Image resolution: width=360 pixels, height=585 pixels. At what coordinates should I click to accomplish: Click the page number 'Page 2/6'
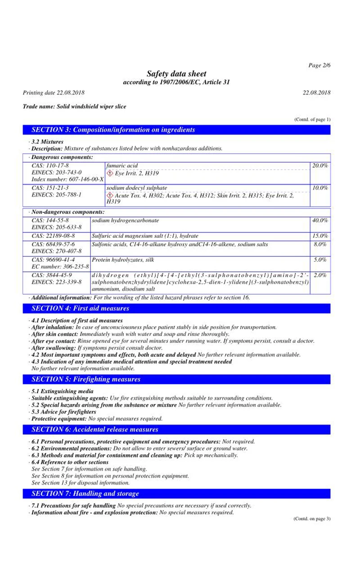[319, 66]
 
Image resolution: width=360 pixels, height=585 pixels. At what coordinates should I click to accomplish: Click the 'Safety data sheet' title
[176, 74]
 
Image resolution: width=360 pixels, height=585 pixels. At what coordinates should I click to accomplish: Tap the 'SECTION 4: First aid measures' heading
[81, 308]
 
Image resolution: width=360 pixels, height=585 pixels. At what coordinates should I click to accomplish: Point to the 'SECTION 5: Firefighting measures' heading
[86, 379]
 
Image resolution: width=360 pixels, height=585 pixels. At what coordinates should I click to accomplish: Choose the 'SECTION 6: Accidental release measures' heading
[95, 429]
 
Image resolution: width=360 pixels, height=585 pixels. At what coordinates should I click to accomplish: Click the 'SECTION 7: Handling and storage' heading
[85, 494]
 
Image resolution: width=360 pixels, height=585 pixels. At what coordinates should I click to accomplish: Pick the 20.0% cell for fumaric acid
[320, 166]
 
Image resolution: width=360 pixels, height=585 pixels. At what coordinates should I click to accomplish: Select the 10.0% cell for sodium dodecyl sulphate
[320, 188]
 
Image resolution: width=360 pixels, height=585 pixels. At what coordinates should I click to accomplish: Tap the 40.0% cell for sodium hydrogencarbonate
[320, 220]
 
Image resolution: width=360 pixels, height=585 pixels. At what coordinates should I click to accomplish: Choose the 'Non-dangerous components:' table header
[67, 211]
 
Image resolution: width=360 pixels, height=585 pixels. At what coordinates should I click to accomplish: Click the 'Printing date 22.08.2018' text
[54, 93]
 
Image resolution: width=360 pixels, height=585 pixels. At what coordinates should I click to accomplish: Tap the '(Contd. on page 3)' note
[312, 518]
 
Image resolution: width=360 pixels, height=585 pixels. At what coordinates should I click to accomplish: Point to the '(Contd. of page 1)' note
[312, 119]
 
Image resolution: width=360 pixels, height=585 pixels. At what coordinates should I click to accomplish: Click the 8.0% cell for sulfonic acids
[320, 244]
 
